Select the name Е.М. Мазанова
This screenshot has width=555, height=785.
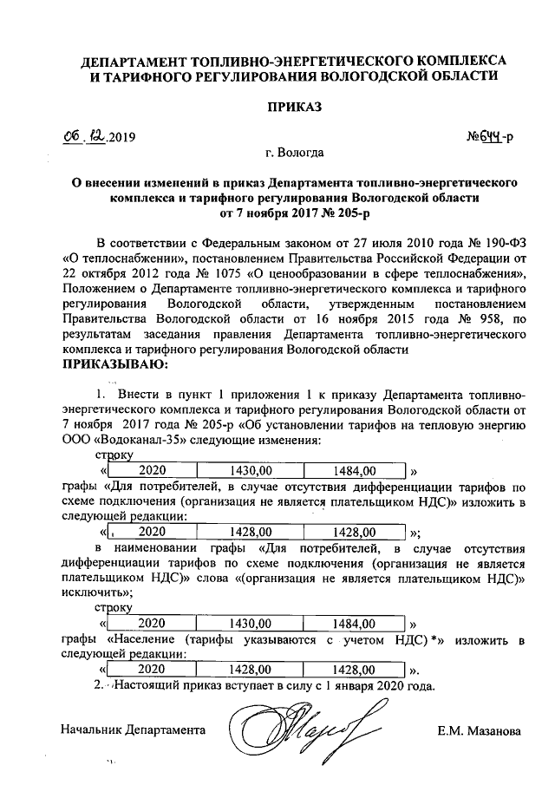coord(479,731)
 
